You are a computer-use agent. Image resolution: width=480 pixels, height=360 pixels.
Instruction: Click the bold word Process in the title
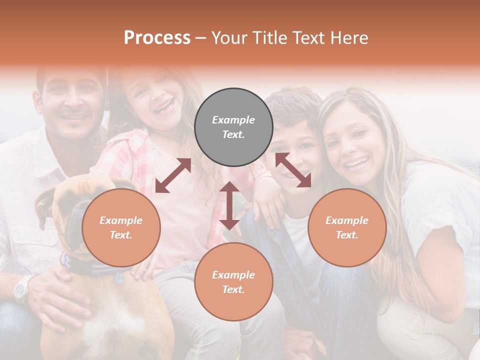pyautogui.click(x=157, y=38)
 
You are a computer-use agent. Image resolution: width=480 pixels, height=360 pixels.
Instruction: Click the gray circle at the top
pyautogui.click(x=233, y=127)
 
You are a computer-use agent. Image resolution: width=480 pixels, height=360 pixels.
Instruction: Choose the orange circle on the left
pyautogui.click(x=121, y=227)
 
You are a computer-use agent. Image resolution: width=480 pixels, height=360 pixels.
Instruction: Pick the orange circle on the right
pyautogui.click(x=347, y=227)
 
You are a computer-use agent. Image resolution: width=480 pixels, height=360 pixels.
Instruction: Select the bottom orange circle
pyautogui.click(x=233, y=282)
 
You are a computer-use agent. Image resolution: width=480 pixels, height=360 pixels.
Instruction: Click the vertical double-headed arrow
pyautogui.click(x=229, y=205)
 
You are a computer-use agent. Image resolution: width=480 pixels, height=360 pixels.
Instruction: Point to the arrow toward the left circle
pyautogui.click(x=173, y=175)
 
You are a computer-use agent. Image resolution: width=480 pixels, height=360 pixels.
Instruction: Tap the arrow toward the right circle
pyautogui.click(x=293, y=170)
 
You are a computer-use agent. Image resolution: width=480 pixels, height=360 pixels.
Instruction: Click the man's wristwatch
pyautogui.click(x=23, y=288)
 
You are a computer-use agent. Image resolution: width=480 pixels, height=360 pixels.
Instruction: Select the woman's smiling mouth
pyautogui.click(x=358, y=162)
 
